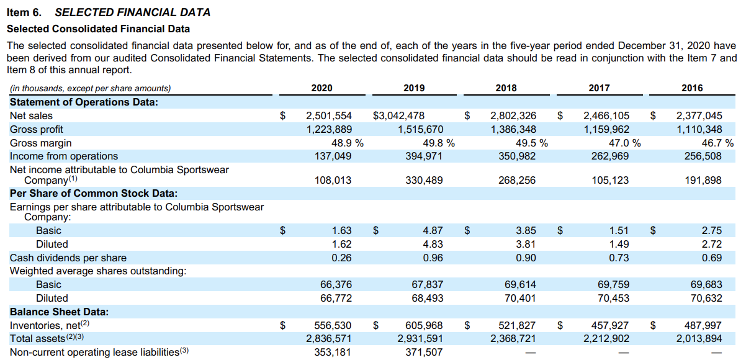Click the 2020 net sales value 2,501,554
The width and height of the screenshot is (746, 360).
tap(329, 115)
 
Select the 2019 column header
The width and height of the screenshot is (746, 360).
tap(414, 88)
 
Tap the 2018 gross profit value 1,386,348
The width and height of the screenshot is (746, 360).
tap(513, 129)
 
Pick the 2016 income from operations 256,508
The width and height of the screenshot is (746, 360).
tap(699, 156)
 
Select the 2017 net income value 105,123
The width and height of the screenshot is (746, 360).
tap(608, 180)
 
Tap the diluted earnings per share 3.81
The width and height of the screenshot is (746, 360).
tap(526, 244)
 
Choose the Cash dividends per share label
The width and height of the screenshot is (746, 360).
tap(68, 258)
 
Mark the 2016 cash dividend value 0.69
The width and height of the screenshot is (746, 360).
tap(711, 258)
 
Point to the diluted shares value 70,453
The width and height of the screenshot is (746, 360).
tap(613, 298)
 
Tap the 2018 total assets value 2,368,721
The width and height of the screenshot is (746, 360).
tap(513, 338)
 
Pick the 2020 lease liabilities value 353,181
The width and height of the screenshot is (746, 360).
tap(333, 352)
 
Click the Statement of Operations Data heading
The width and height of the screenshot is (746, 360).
tap(84, 102)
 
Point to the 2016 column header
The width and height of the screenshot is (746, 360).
tap(692, 88)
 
